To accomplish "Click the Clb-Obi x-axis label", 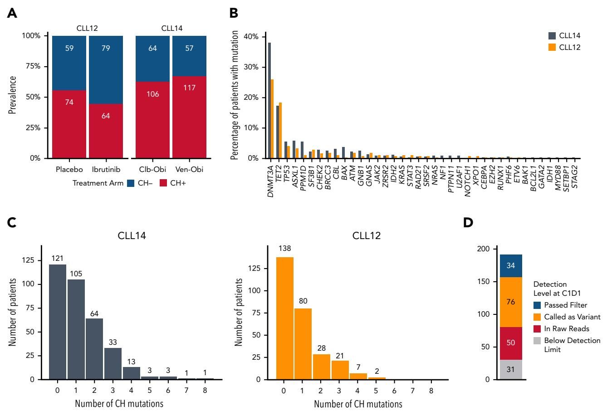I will (153, 169).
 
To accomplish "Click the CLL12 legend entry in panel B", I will (572, 47).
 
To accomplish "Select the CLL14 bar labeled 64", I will (94, 348).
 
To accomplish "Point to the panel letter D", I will (468, 223).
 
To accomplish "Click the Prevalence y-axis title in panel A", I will (13, 95).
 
